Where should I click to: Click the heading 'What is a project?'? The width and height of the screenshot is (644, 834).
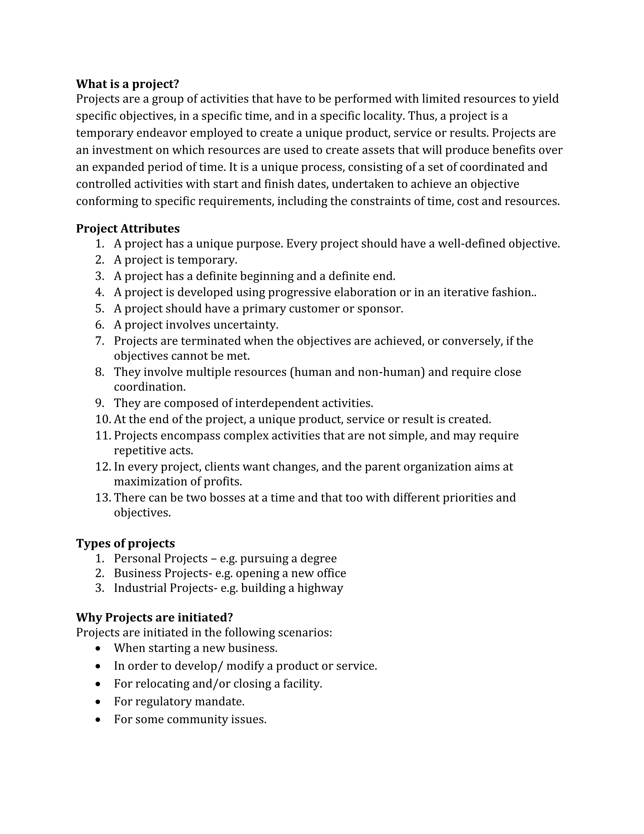tap(128, 84)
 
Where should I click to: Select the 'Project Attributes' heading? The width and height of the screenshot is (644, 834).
tap(128, 228)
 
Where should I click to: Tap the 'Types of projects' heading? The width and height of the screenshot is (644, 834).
tap(126, 543)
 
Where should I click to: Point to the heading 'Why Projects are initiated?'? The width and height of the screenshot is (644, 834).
tap(155, 617)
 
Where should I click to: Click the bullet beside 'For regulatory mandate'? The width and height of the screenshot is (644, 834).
tap(98, 702)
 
